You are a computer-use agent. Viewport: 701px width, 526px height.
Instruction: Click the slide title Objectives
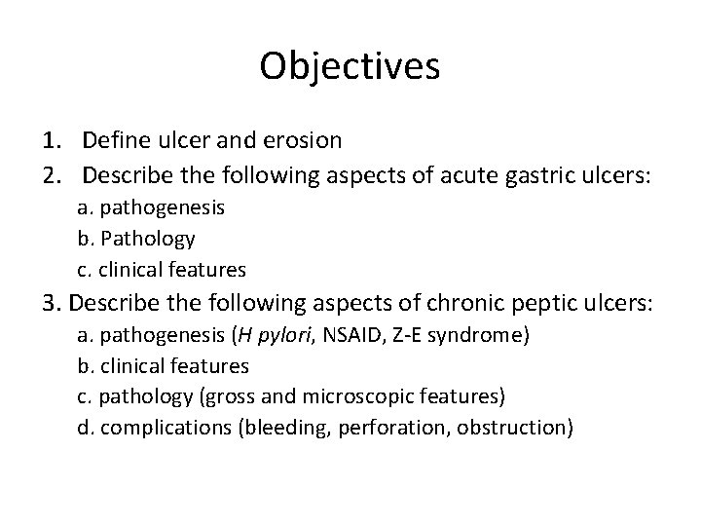tap(350, 66)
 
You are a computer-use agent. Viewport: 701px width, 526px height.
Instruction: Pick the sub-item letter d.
tap(83, 427)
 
